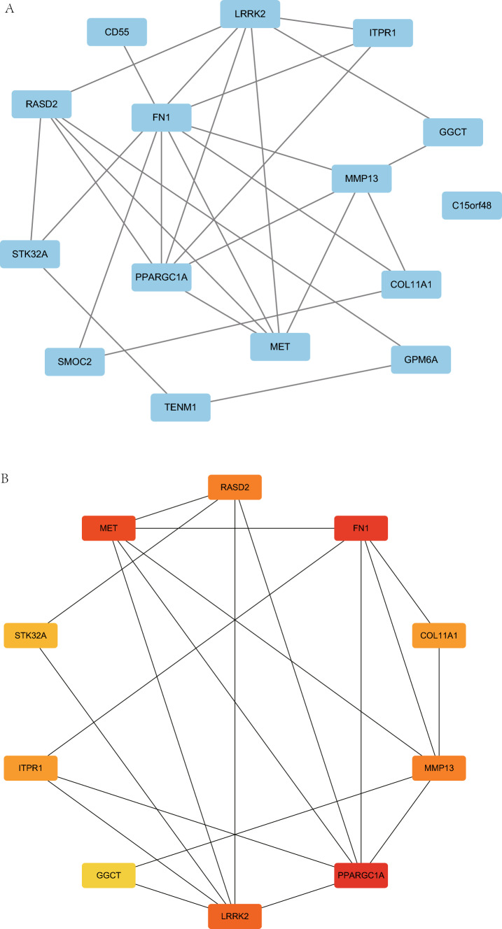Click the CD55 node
click(117, 31)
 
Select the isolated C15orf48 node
click(472, 205)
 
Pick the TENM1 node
click(181, 407)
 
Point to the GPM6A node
click(421, 359)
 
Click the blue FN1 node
click(162, 118)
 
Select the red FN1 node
click(361, 527)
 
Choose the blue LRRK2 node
click(249, 13)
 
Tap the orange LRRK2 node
click(235, 916)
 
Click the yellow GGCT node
click(109, 875)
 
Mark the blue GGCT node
click(453, 132)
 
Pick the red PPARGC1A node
click(361, 875)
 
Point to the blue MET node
click(280, 346)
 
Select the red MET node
click(109, 527)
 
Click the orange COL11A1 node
click(439, 637)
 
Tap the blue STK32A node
click(31, 254)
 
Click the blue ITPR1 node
click(382, 32)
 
